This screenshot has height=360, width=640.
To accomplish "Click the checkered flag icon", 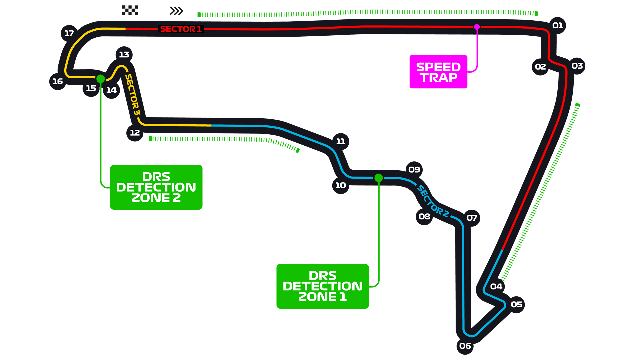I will point(130,10).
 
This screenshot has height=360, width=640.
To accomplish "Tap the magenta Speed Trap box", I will point(438,72).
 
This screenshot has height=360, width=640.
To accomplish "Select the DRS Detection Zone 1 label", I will point(322,286).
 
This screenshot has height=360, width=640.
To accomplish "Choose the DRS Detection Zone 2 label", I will point(156,187).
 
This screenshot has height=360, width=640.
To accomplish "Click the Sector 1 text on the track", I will point(181,29).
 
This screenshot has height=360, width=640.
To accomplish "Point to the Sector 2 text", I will point(432,202).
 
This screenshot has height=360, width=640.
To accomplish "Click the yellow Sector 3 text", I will point(132,95).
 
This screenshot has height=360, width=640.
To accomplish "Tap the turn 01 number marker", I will point(557,25).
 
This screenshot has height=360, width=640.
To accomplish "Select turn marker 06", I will point(465,346).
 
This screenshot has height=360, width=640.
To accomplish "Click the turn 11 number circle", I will point(340,141).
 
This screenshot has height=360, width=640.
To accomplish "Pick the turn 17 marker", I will point(69,33).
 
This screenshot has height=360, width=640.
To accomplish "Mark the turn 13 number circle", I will point(124,54).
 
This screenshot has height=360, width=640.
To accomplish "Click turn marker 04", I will point(496,286).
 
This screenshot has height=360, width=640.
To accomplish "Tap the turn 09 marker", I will point(414,170).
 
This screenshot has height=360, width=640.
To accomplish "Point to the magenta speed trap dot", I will point(477,27).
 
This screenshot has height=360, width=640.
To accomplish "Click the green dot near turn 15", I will point(100,79).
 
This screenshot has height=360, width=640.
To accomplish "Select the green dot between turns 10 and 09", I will point(378,178).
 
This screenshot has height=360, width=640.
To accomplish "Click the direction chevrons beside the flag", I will point(176,11).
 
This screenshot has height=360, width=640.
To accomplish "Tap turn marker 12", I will point(135,133).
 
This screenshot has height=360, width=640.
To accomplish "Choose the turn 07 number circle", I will point(472,218).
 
